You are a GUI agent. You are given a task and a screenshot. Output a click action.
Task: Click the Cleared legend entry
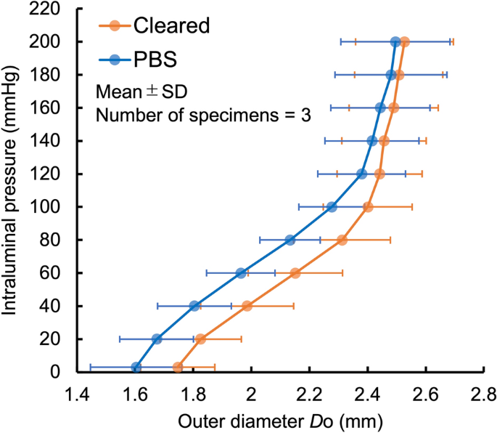171,25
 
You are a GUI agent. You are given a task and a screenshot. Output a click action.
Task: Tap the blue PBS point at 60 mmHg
241,273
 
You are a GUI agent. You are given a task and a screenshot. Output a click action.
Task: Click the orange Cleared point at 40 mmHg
247,306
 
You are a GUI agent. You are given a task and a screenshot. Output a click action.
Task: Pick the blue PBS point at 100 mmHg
332,207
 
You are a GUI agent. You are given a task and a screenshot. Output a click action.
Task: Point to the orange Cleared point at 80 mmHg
342,240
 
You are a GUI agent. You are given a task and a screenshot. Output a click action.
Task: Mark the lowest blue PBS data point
136,367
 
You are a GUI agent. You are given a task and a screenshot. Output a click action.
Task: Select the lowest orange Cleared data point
178,368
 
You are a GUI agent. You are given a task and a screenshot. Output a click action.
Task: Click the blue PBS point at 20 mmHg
157,339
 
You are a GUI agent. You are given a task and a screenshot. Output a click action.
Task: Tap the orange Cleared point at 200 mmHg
404,42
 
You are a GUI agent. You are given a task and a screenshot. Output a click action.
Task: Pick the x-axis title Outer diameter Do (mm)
280,419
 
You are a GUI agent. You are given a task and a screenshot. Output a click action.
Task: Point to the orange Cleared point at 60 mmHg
295,273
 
